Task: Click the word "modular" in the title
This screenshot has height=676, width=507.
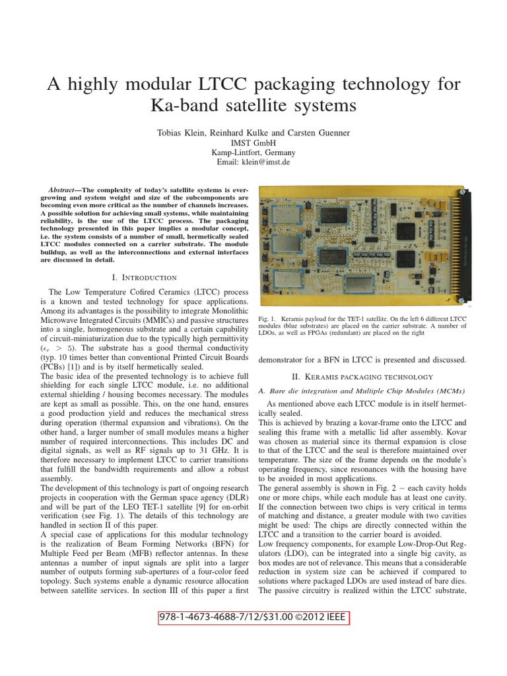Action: [171, 84]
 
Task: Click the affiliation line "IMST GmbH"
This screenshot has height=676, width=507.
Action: [253, 142]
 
